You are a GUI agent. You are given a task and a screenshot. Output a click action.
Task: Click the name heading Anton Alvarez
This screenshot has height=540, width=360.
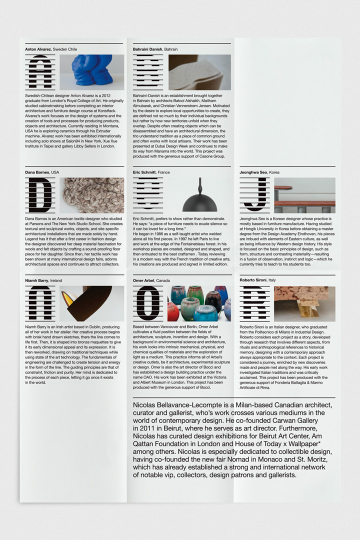click(38, 49)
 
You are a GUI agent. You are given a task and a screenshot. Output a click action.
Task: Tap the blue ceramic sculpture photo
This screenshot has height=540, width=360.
click(92, 72)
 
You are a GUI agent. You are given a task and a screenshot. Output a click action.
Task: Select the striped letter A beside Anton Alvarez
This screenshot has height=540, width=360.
click(40, 72)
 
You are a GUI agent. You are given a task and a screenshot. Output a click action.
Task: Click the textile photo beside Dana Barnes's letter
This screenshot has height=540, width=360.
click(92, 195)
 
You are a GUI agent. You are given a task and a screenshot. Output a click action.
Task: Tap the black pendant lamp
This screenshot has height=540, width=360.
click(199, 198)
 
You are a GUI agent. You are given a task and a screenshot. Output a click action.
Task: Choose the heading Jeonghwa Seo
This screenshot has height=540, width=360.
click(253, 172)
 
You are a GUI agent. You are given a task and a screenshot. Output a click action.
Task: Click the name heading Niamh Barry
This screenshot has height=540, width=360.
click(37, 281)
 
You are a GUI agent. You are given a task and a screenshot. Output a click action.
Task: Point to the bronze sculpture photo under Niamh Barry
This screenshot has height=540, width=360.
click(92, 303)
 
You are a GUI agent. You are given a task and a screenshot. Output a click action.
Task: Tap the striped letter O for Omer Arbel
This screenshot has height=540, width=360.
click(148, 303)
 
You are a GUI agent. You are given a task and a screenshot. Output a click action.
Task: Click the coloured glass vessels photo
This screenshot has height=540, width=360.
click(199, 303)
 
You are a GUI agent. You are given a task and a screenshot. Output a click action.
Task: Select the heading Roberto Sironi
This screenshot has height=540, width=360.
click(253, 281)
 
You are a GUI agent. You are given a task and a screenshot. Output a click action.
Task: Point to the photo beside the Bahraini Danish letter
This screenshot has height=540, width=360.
click(199, 72)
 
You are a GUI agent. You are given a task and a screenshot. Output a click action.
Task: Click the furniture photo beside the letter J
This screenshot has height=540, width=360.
click(304, 195)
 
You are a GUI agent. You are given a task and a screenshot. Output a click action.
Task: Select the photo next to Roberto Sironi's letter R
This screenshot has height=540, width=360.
click(304, 303)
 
